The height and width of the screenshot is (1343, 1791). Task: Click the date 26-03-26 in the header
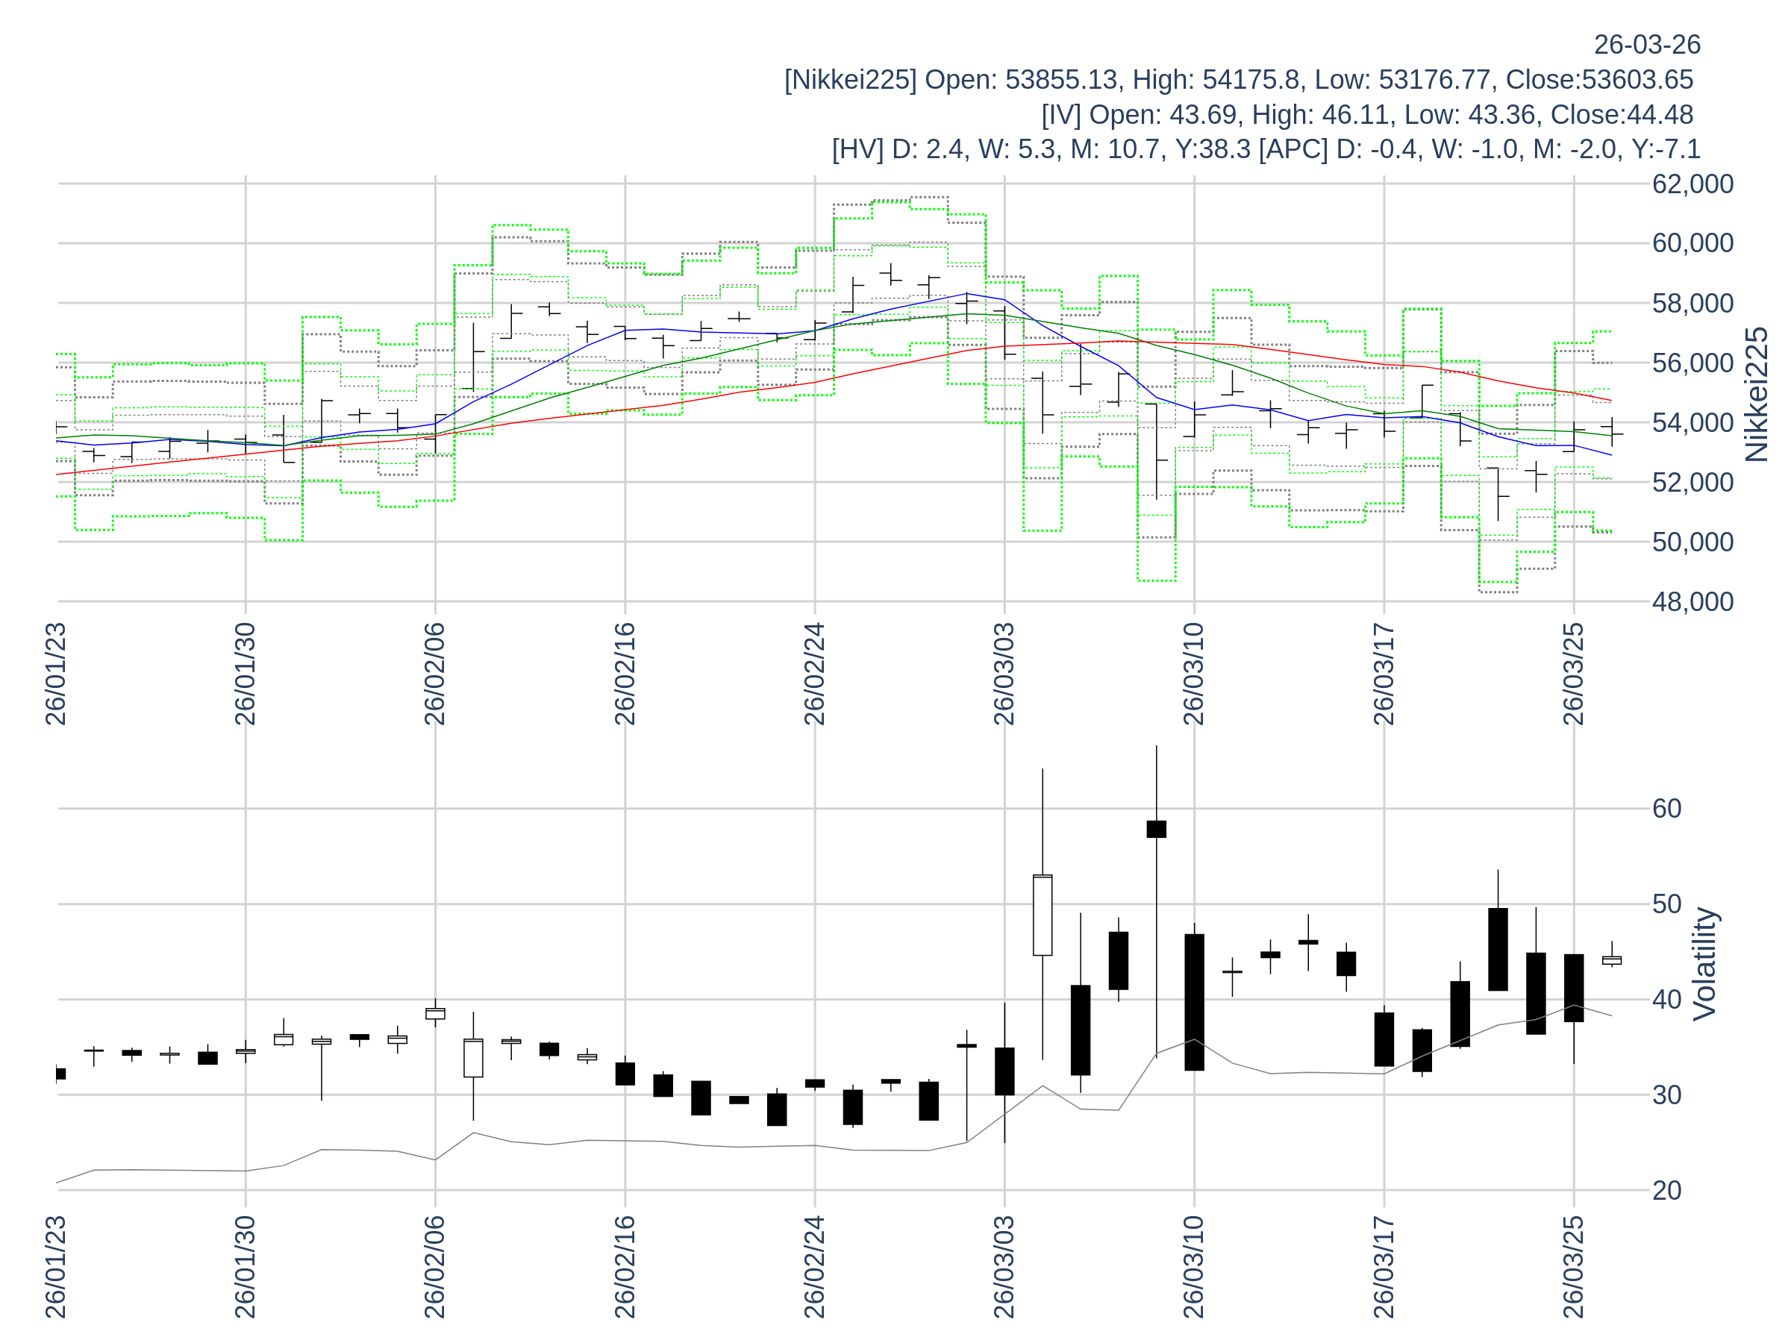1647,45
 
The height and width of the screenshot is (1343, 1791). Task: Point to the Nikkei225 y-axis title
1757,394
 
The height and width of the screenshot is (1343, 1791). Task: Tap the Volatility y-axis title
1704,964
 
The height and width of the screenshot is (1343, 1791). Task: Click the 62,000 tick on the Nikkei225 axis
1692,184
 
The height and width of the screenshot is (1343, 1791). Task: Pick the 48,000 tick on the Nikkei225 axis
1692,601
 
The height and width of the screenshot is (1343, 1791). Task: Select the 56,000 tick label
1692,363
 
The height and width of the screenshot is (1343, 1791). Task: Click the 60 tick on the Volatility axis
1667,809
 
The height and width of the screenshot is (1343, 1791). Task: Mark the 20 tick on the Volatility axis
1667,1191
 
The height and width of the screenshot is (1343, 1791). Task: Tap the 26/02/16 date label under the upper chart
625,674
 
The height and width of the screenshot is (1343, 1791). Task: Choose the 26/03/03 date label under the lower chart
1004,1267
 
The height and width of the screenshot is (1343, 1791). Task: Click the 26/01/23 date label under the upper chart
56,674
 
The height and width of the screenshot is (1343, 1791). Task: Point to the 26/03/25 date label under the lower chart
1573,1267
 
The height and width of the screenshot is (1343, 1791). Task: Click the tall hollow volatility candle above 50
1042,915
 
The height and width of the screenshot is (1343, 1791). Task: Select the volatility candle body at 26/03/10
1194,1002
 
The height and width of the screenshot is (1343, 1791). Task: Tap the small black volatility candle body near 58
1156,830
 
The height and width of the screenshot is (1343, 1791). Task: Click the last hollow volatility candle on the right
1611,961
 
